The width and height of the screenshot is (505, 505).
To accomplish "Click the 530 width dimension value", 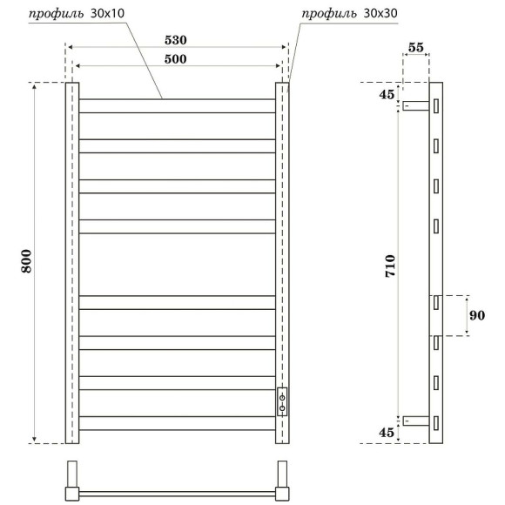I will point(177,40).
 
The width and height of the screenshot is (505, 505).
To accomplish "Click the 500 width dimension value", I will point(177,58).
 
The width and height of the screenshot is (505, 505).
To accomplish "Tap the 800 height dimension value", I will point(27,262).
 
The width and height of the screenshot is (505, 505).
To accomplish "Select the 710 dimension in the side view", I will point(390,262).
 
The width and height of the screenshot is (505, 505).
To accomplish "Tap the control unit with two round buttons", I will point(282,401).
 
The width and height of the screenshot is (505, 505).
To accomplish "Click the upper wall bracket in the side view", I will point(417,106).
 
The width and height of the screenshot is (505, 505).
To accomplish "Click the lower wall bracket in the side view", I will point(417,422).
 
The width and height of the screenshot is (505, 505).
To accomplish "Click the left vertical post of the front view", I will point(73,262).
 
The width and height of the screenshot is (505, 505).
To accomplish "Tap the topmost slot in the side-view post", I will point(436,105).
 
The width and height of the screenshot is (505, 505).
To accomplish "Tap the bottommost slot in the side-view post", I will point(436,421).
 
